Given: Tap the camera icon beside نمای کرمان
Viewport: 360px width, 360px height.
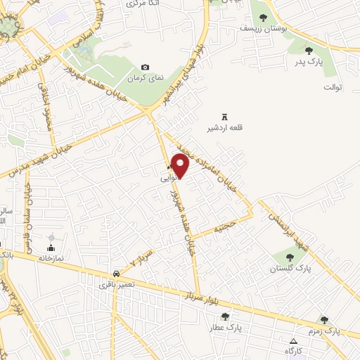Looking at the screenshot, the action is pos(146,67).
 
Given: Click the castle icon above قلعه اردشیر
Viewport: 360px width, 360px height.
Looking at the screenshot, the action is pos(225,117).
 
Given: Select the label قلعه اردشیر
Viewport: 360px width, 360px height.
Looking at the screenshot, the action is pos(219,129).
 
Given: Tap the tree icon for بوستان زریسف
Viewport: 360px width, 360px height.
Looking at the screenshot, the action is pos(263,18).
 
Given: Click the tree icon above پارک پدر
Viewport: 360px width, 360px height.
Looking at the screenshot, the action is pos(309,50).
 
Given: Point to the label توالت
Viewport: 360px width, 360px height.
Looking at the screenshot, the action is pos(332,87).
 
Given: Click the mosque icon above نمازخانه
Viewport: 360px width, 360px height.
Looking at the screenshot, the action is pos(51,247).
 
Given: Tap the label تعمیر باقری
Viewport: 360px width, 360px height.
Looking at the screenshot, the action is pos(114,284).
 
